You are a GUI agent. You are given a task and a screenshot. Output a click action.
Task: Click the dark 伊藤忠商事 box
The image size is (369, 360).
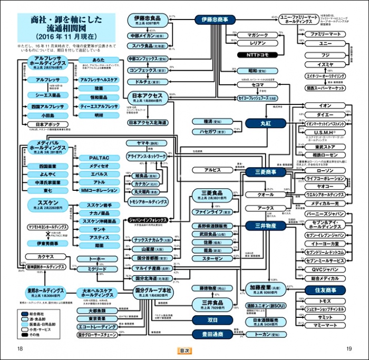[215, 20]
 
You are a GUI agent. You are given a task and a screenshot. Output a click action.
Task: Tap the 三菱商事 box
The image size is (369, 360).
[266, 171]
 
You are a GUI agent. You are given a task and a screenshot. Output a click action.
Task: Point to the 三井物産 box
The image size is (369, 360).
[266, 226]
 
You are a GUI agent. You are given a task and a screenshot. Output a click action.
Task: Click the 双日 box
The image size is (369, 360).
[212, 320]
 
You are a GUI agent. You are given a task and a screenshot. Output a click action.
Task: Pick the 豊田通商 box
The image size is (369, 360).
[212, 334]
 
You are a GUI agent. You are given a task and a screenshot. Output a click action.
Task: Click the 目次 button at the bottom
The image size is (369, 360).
[184, 350]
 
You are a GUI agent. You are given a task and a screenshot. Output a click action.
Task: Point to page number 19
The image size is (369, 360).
[348, 348]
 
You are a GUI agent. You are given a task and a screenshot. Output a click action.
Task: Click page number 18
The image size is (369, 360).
[20, 348]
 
